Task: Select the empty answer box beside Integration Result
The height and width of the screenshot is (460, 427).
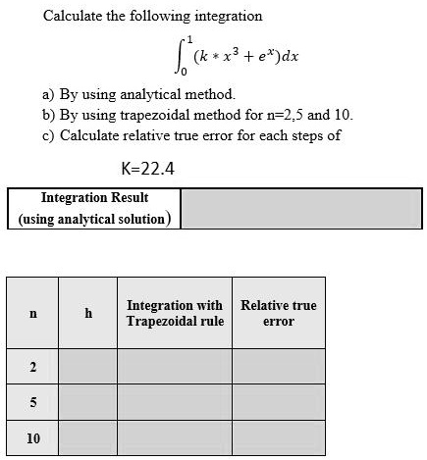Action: (x=301, y=208)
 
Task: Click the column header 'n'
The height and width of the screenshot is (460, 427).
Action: (x=33, y=313)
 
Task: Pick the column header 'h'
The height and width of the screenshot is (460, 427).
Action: (x=88, y=313)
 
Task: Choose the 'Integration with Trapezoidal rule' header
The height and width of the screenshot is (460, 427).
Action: (x=175, y=313)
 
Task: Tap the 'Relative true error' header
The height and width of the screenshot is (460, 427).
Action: (x=278, y=313)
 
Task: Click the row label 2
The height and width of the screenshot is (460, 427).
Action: (x=33, y=368)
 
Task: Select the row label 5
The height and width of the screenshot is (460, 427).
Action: (x=33, y=403)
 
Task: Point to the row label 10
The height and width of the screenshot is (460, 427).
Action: (x=33, y=437)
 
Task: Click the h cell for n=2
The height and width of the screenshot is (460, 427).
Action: (x=88, y=368)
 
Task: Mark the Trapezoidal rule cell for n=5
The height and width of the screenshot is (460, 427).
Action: (x=175, y=403)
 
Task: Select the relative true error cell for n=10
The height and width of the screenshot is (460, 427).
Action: (x=278, y=437)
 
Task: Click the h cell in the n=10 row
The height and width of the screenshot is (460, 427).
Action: (x=88, y=437)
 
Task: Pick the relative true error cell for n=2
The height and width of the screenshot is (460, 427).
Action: (x=278, y=368)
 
